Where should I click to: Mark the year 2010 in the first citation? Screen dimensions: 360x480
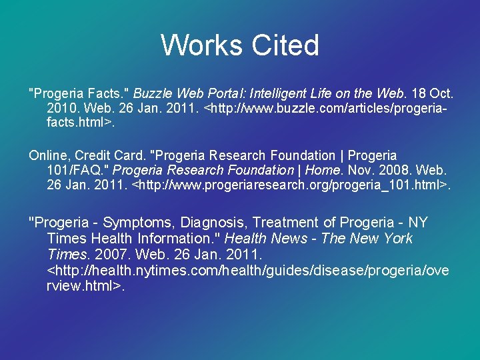(62, 108)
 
